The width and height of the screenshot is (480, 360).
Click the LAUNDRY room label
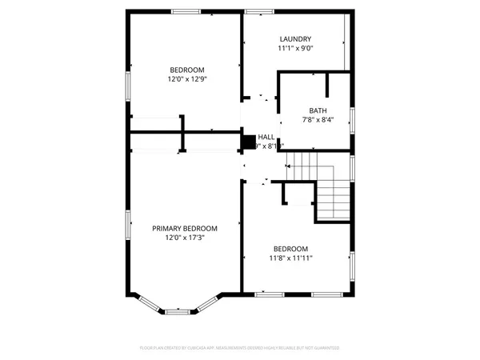pos(295,39)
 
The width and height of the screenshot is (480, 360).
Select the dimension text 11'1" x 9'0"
pos(295,48)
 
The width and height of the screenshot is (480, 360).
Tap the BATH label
pos(318,110)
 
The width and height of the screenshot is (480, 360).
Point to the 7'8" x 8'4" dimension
pos(317,120)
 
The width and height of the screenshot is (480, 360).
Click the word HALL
pos(266,138)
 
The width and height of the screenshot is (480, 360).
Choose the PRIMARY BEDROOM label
pos(185,228)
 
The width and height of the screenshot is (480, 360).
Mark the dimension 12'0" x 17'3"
pos(185,238)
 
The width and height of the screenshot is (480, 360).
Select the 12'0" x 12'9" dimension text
pos(186,78)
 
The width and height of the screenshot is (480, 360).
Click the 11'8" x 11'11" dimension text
pos(290,258)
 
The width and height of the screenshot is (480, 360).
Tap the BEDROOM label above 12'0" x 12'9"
pos(186,69)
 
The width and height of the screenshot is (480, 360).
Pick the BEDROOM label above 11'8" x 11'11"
pos(290,248)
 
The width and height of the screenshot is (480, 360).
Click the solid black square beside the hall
pos(248,142)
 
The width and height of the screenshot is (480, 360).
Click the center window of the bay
pos(178,310)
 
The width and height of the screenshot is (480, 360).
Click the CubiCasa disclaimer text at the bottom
pos(239,349)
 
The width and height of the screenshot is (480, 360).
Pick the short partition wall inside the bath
pos(327,86)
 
